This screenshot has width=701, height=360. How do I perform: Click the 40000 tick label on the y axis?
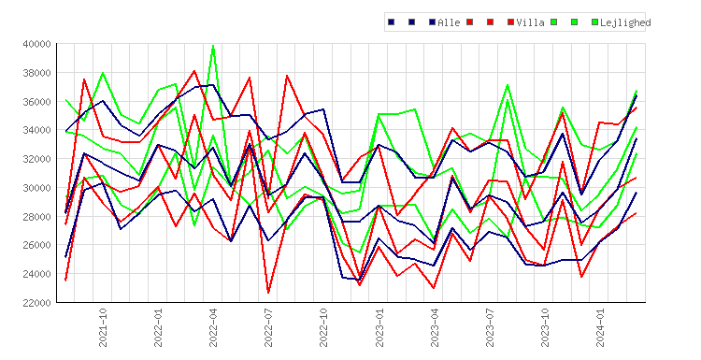tap(36, 44)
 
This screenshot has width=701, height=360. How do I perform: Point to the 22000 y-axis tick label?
tap(36, 302)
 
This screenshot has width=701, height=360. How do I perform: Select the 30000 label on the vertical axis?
tap(36, 187)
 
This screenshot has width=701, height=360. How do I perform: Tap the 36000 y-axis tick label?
tap(36, 102)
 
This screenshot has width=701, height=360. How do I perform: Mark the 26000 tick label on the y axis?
tap(36, 245)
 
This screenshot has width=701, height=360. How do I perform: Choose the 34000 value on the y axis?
tap(36, 130)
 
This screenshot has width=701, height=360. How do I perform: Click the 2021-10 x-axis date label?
tap(103, 327)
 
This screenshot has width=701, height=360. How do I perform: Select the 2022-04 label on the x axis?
tap(213, 327)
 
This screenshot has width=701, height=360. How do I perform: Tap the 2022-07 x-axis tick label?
tap(268, 327)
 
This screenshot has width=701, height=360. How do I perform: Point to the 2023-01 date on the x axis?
tap(379, 327)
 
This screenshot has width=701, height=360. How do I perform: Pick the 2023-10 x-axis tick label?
tap(545, 327)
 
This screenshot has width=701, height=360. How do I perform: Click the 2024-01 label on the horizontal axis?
tap(600, 327)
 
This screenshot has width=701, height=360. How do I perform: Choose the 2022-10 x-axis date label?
tap(323, 327)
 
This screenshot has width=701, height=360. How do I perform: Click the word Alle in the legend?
tap(449, 22)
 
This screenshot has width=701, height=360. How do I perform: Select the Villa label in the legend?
tap(530, 22)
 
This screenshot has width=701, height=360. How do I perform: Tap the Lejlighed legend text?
tap(625, 22)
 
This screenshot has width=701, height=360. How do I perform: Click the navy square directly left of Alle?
tap(433, 22)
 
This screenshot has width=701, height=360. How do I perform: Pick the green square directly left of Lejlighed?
tap(594, 22)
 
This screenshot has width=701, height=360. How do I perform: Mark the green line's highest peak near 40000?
tap(213, 46)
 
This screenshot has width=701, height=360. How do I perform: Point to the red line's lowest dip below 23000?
tap(268, 293)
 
